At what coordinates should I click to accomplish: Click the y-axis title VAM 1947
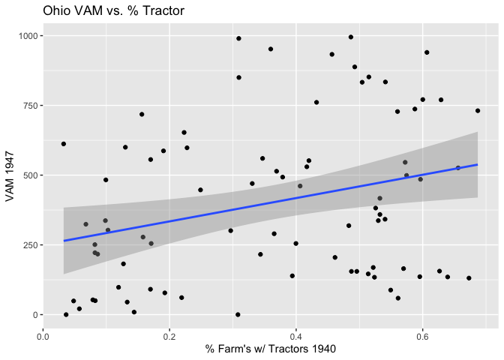tap(10, 175)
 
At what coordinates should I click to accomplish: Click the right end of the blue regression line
tap(477, 164)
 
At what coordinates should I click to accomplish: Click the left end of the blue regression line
tap(64, 241)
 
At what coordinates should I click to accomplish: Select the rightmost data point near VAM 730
tap(477, 111)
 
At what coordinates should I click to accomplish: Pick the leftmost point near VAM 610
tap(64, 144)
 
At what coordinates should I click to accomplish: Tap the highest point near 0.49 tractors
tap(351, 37)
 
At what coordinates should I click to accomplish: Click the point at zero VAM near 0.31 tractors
tap(238, 315)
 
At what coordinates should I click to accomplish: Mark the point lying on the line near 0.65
tap(458, 168)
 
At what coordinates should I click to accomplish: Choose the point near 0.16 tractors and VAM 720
tap(141, 115)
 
